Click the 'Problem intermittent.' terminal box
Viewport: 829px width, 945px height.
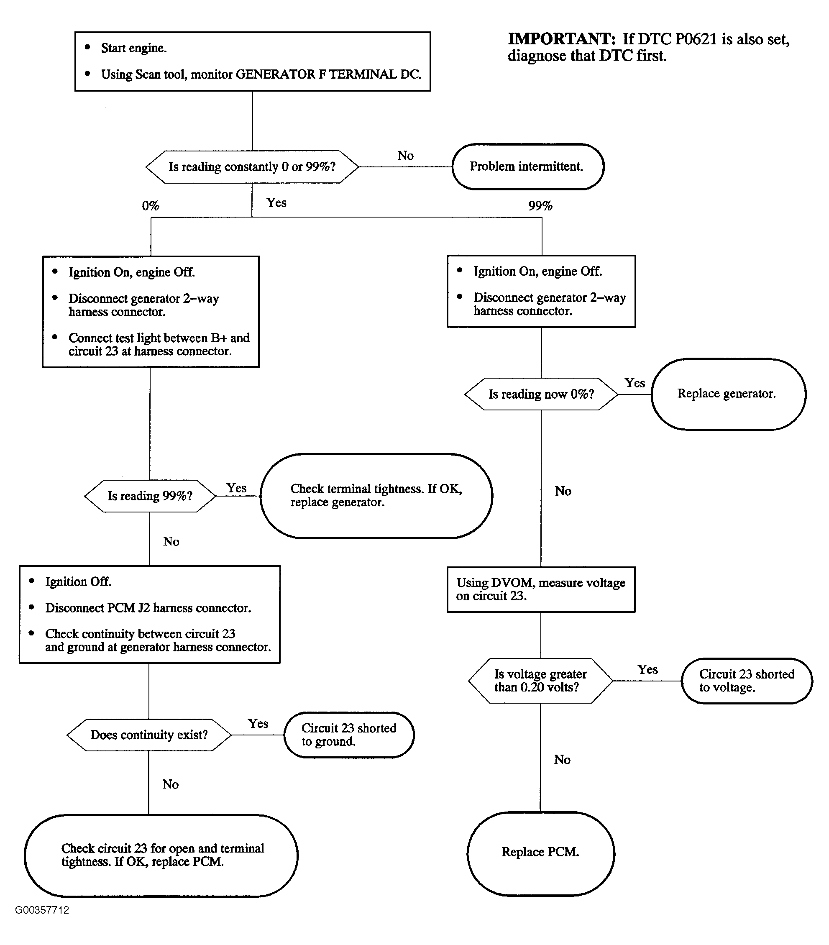527,166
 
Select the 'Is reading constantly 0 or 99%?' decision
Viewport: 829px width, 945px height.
252,167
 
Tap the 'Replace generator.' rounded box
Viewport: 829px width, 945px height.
728,394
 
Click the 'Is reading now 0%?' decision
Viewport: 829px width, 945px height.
541,394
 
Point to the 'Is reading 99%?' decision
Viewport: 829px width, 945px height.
150,496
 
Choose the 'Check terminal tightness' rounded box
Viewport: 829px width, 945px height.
376,496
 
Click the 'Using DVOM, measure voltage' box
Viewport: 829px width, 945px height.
541,589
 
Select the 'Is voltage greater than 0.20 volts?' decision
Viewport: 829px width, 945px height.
540,681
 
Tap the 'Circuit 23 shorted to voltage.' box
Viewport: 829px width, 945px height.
747,681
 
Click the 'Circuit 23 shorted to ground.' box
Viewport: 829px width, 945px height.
348,735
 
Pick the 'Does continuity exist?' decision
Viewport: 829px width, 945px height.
149,735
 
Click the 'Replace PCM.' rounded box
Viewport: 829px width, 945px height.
540,852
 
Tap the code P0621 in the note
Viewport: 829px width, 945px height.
696,39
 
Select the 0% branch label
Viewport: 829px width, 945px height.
150,206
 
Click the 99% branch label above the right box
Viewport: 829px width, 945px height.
540,206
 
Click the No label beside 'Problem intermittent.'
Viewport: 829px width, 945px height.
405,156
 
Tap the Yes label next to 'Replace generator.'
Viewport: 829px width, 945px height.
635,383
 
